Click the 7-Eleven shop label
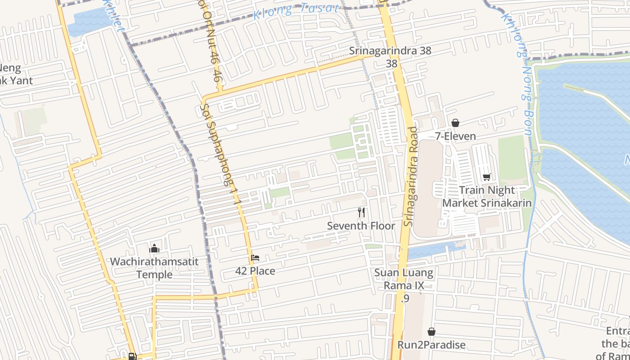click(x=455, y=136)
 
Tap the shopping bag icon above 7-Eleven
click(x=455, y=123)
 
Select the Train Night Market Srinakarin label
click(x=486, y=197)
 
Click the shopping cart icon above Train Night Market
click(x=486, y=177)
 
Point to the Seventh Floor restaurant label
click(x=361, y=226)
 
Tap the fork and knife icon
click(x=361, y=212)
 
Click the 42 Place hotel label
click(x=255, y=271)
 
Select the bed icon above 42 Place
click(x=255, y=258)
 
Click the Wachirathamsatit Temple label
click(x=154, y=268)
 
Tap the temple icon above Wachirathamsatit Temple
click(x=154, y=248)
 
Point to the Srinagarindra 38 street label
click(x=390, y=51)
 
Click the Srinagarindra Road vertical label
click(x=411, y=176)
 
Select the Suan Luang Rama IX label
click(x=404, y=279)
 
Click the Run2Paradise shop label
click(x=431, y=345)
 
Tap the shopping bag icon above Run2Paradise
click(x=431, y=332)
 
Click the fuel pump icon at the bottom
click(x=132, y=356)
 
